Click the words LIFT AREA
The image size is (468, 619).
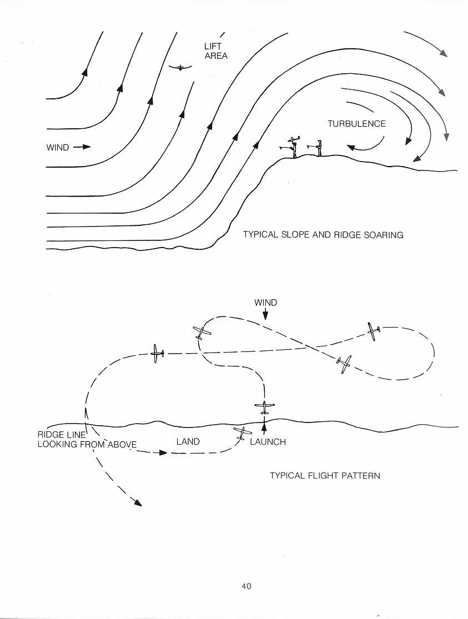(215, 51)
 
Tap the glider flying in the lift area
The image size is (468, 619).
(180, 68)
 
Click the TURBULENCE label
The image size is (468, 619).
(356, 124)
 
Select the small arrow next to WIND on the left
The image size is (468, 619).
(82, 147)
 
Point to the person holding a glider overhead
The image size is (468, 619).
(293, 147)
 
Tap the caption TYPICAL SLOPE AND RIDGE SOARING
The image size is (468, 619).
(323, 235)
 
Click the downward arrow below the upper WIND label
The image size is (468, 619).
(265, 314)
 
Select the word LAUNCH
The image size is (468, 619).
(268, 442)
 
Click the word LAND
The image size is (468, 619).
(188, 441)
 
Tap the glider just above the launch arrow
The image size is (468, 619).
(264, 406)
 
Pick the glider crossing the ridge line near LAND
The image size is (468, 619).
(241, 433)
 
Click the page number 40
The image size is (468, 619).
(246, 586)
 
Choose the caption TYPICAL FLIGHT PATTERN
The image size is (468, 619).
(325, 475)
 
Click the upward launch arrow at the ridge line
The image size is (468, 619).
(264, 429)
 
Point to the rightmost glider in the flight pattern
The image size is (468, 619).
(373, 331)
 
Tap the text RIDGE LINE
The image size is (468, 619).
(61, 435)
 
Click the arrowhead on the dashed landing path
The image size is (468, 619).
(163, 452)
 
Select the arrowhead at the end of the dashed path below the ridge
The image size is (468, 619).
(137, 502)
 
